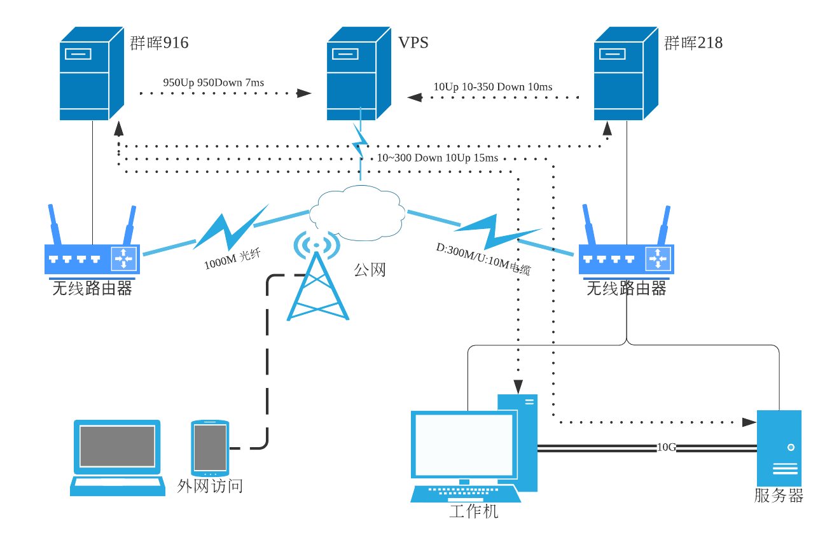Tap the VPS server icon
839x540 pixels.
point(358,74)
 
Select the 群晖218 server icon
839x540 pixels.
point(625,74)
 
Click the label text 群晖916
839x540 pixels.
point(159,43)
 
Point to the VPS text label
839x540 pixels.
point(413,43)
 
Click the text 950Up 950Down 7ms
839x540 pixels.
point(213,83)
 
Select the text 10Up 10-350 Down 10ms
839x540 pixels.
point(492,87)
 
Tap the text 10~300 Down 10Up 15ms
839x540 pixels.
point(437,158)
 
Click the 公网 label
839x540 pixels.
point(370,270)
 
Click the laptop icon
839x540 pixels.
point(117,457)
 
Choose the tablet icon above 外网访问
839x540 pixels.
point(210,448)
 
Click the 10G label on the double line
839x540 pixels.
point(666,447)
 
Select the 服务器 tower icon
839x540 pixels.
point(779,448)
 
